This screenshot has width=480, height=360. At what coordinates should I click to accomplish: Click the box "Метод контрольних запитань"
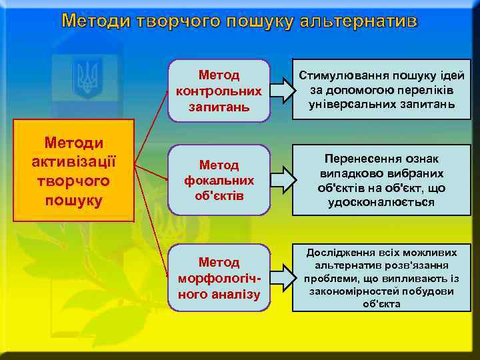click(219, 90)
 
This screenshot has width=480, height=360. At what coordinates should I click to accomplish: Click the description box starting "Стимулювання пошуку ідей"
click(381, 90)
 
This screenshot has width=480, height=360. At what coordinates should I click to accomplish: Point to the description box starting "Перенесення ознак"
click(381, 180)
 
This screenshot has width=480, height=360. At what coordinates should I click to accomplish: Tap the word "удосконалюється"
click(381, 202)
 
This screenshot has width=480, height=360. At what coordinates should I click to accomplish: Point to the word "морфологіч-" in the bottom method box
click(219, 277)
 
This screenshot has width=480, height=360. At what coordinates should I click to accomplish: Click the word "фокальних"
click(219, 180)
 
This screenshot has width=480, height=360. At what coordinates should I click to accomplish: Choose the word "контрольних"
click(219, 90)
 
